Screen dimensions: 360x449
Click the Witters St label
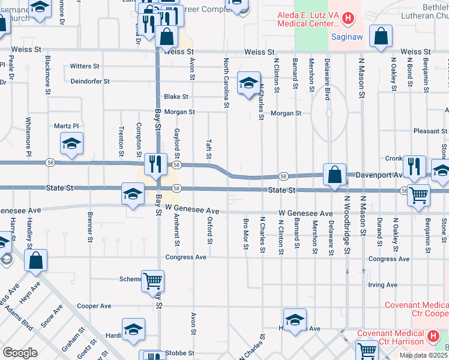(x=85, y=66)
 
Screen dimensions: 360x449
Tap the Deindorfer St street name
(x=90, y=81)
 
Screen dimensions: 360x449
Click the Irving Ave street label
(x=383, y=285)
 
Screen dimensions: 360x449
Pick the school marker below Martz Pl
(x=71, y=143)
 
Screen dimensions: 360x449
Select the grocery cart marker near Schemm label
(x=152, y=280)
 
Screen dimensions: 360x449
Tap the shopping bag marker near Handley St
(x=36, y=260)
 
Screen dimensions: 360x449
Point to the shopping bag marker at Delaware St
(x=335, y=174)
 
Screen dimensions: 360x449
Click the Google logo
(x=20, y=353)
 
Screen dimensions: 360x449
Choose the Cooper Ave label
(x=94, y=306)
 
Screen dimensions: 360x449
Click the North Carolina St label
(x=227, y=83)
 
